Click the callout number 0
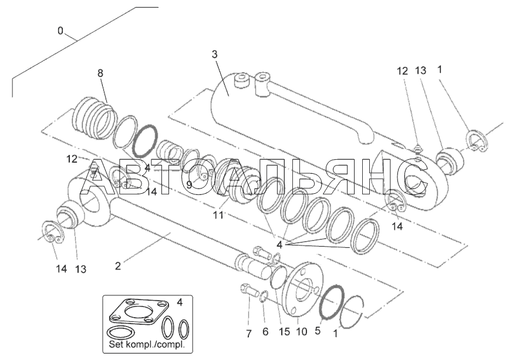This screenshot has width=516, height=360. coord(60,30)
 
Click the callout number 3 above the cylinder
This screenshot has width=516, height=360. coord(215,54)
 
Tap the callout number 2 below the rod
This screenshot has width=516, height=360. coord(118,265)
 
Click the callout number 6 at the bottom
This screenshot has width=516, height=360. coord(265,332)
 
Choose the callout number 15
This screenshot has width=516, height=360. coord(284,332)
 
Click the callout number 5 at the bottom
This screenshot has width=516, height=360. coord(317,331)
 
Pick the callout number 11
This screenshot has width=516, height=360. coord(218,215)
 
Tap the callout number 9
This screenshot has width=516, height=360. coord(189,184)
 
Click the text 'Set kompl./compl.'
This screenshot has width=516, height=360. coord(146,345)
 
